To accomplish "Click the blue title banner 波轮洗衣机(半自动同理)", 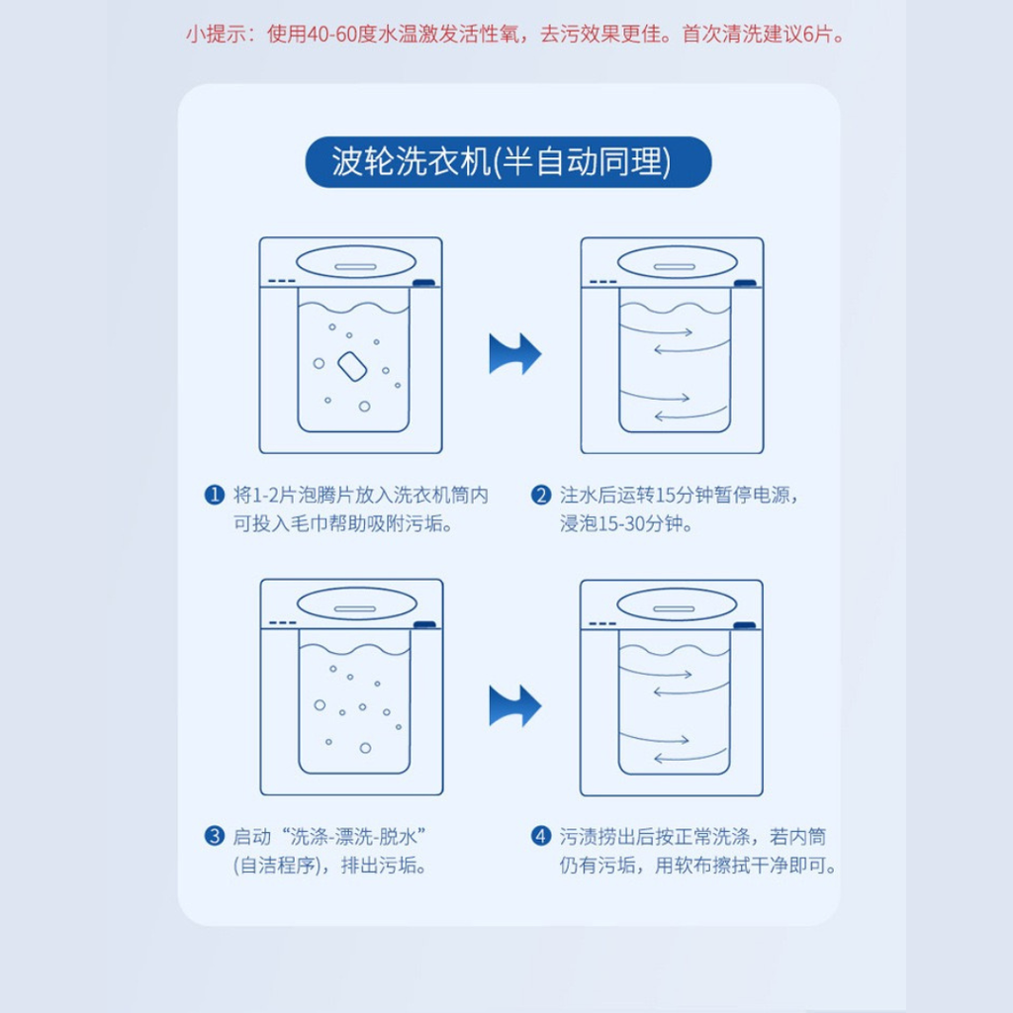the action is click(x=507, y=161).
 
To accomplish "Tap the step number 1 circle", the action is click(x=214, y=495).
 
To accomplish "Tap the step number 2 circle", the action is click(x=541, y=495).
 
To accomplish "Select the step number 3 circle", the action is click(x=214, y=836).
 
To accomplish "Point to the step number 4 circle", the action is click(x=541, y=836).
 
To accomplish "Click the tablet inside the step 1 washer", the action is click(x=352, y=366).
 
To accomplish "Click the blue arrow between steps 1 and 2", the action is click(x=514, y=354).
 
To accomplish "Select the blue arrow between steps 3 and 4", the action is click(x=514, y=705).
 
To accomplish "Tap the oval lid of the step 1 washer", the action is click(x=355, y=262).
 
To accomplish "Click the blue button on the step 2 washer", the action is click(x=745, y=283).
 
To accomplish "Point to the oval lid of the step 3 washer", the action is click(x=356, y=604).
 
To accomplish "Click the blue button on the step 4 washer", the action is click(x=744, y=625).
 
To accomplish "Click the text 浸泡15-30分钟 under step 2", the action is click(x=626, y=523).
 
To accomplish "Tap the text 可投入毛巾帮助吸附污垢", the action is click(x=342, y=523).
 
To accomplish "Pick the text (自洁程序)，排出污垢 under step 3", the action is click(x=329, y=865).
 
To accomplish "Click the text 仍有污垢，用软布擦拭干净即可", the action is click(x=697, y=865).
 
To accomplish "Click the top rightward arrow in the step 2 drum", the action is click(x=656, y=330).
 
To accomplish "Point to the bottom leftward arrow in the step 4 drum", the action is click(x=690, y=756).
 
